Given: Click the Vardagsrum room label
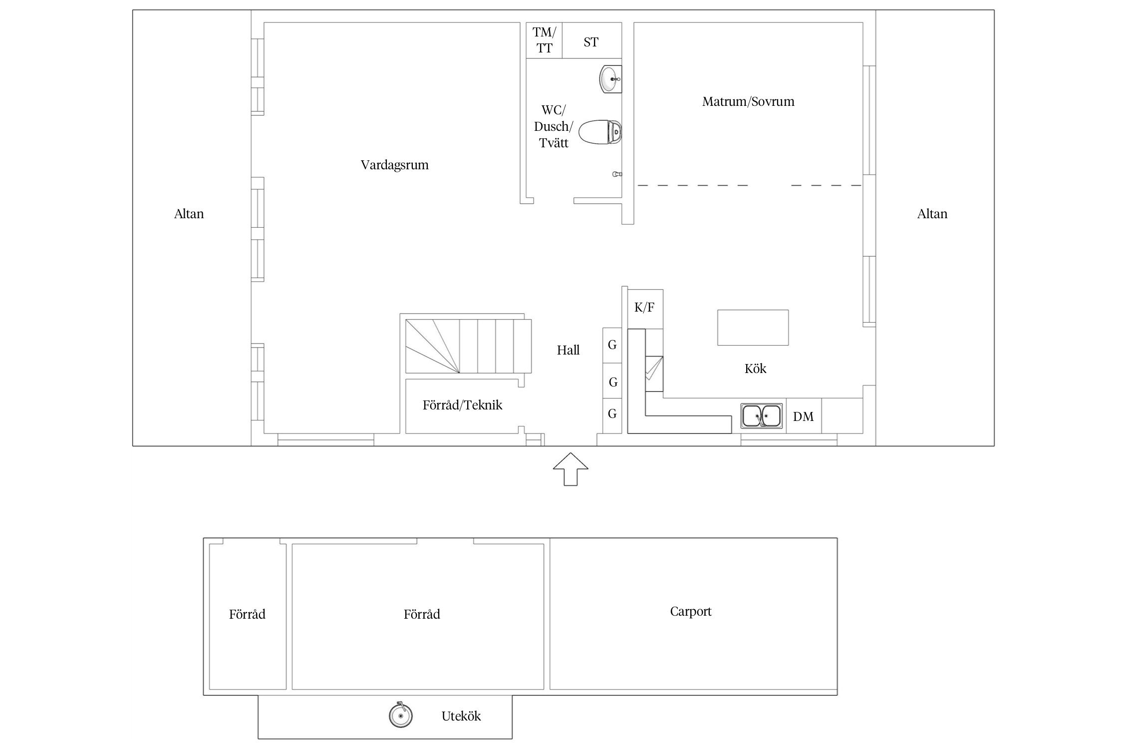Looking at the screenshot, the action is click(x=394, y=165).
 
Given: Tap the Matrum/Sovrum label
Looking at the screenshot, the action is click(x=748, y=102).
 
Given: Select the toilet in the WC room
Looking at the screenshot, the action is click(x=599, y=132).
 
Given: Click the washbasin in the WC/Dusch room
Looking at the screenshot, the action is click(x=610, y=79).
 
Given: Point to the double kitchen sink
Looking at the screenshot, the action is click(x=761, y=415).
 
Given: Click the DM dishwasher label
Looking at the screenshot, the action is click(x=803, y=416).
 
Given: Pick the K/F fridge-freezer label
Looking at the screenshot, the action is click(x=644, y=308).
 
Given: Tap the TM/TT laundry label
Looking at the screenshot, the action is click(x=544, y=40).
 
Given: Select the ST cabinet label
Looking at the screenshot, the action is click(x=591, y=42).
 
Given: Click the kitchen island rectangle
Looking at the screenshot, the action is click(x=753, y=328).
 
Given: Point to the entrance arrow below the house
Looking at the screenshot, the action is click(x=570, y=469).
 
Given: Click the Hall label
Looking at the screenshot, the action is click(x=568, y=351).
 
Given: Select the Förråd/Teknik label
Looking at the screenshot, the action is click(x=462, y=405).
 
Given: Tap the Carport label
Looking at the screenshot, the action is click(x=691, y=612).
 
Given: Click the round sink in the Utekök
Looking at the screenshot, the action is click(x=400, y=715).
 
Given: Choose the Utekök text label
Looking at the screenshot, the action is click(x=461, y=717).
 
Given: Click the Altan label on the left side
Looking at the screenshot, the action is click(x=189, y=214).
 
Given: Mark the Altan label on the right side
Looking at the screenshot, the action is click(x=932, y=214).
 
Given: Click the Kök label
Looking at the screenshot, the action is click(x=755, y=369).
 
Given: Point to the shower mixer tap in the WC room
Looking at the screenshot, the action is click(x=617, y=174).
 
